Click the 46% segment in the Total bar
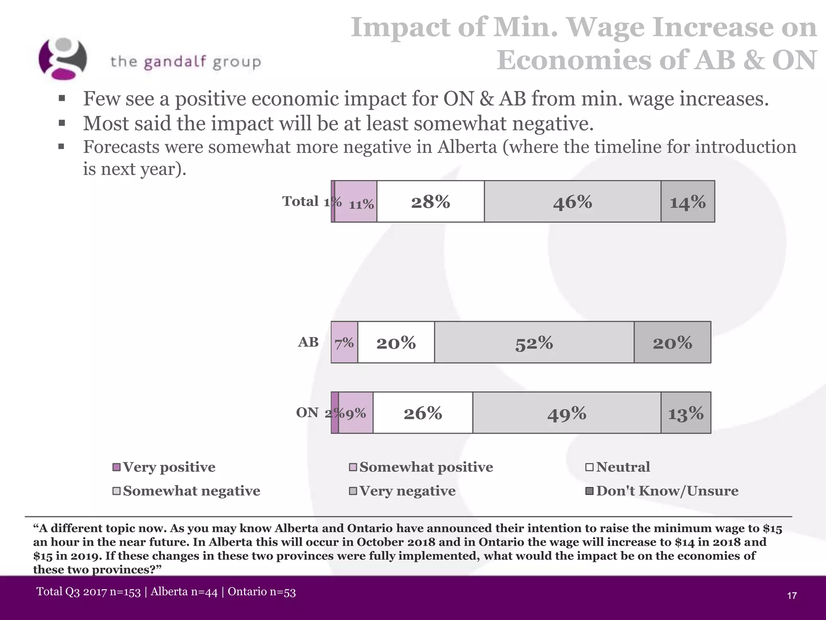point(572,201)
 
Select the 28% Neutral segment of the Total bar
point(430,201)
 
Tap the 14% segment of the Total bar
point(688,201)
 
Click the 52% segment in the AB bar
point(534,342)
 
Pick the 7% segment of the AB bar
point(344,342)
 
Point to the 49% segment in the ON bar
point(567,413)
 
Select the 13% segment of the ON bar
point(686,413)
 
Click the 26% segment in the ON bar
point(423,413)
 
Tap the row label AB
point(308,342)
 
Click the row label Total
point(300,201)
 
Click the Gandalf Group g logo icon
point(63,59)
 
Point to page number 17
point(792,595)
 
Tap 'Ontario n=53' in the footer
point(262,592)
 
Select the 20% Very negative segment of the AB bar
point(672,342)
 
